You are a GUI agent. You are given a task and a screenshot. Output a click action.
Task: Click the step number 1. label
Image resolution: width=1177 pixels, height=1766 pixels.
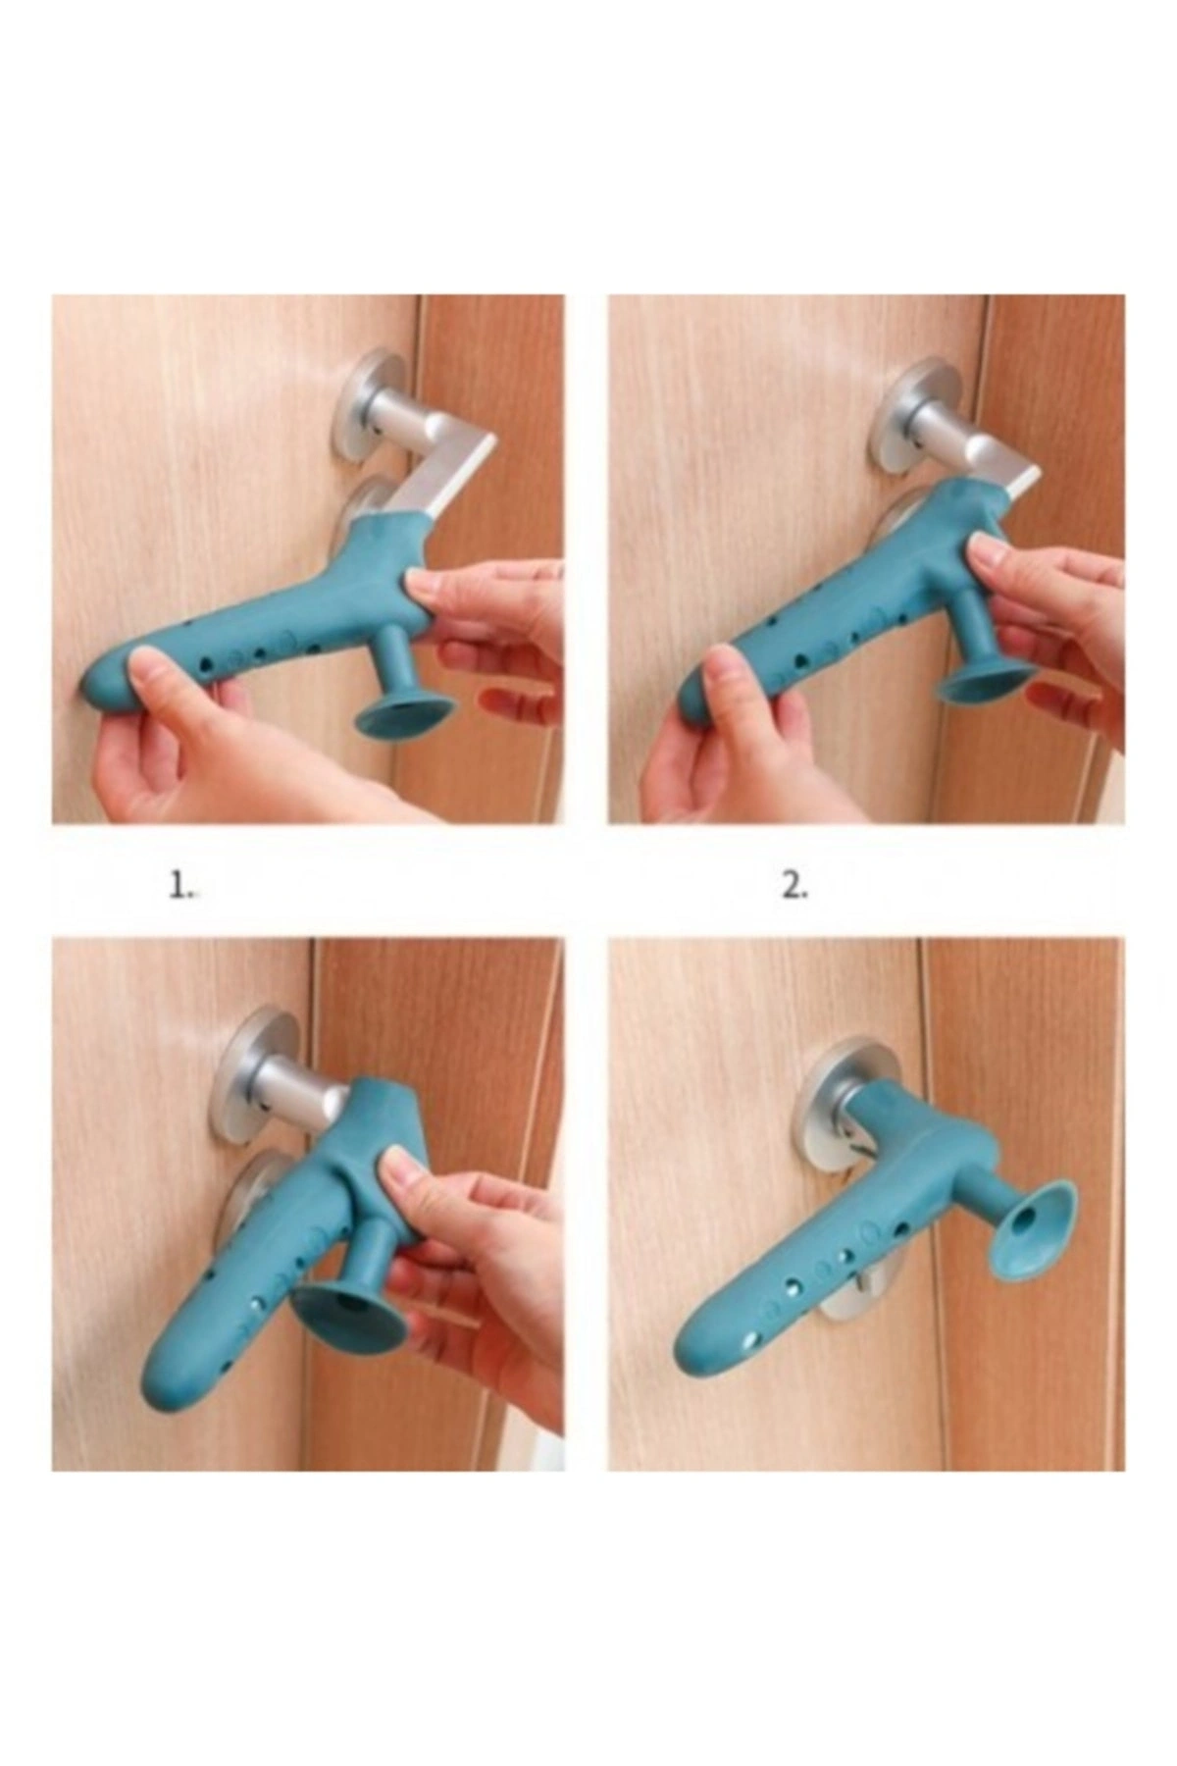(x=180, y=887)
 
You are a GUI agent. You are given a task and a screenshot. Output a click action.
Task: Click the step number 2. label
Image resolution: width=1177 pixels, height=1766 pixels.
(x=795, y=887)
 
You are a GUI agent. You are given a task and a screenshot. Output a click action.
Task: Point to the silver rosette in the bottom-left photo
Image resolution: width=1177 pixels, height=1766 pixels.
(x=258, y=1074)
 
